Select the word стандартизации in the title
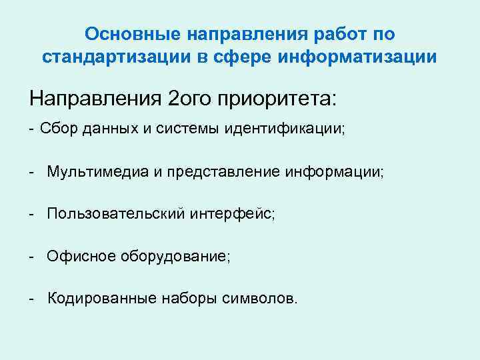click(x=107, y=58)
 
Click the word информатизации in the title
click(x=357, y=58)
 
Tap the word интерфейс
click(x=232, y=214)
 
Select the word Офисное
click(x=79, y=257)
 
